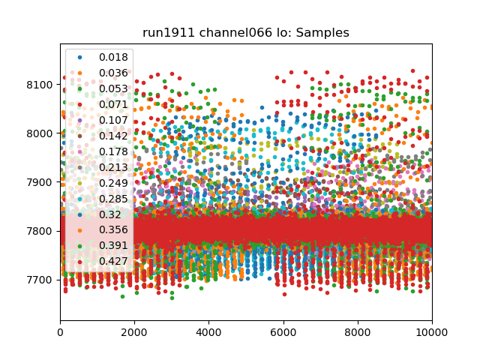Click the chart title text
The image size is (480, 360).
click(x=246, y=33)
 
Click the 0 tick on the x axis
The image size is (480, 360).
click(x=61, y=334)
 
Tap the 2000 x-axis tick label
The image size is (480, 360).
click(x=135, y=334)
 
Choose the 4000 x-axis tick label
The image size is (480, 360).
click(x=209, y=334)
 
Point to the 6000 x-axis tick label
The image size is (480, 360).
click(x=283, y=334)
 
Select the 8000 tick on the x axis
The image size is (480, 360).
click(x=358, y=334)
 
